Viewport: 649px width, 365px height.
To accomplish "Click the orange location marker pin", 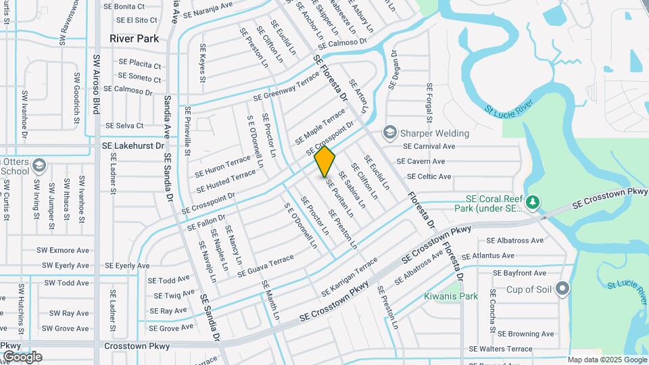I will [325, 161].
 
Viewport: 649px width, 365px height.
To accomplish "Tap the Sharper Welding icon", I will [389, 131].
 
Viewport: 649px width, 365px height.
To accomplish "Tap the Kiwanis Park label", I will [451, 296].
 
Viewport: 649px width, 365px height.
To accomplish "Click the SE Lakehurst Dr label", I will [133, 145].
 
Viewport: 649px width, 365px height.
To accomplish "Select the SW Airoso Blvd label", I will [97, 84].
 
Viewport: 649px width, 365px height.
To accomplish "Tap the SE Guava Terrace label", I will [265, 266].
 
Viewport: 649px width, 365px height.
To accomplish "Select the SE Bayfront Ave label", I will [519, 273].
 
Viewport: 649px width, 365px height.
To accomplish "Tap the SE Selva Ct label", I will [124, 126].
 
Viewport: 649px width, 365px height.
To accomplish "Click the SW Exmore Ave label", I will [66, 250].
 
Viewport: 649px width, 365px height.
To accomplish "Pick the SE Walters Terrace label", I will [501, 349].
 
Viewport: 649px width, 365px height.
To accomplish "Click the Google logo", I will [22, 357].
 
